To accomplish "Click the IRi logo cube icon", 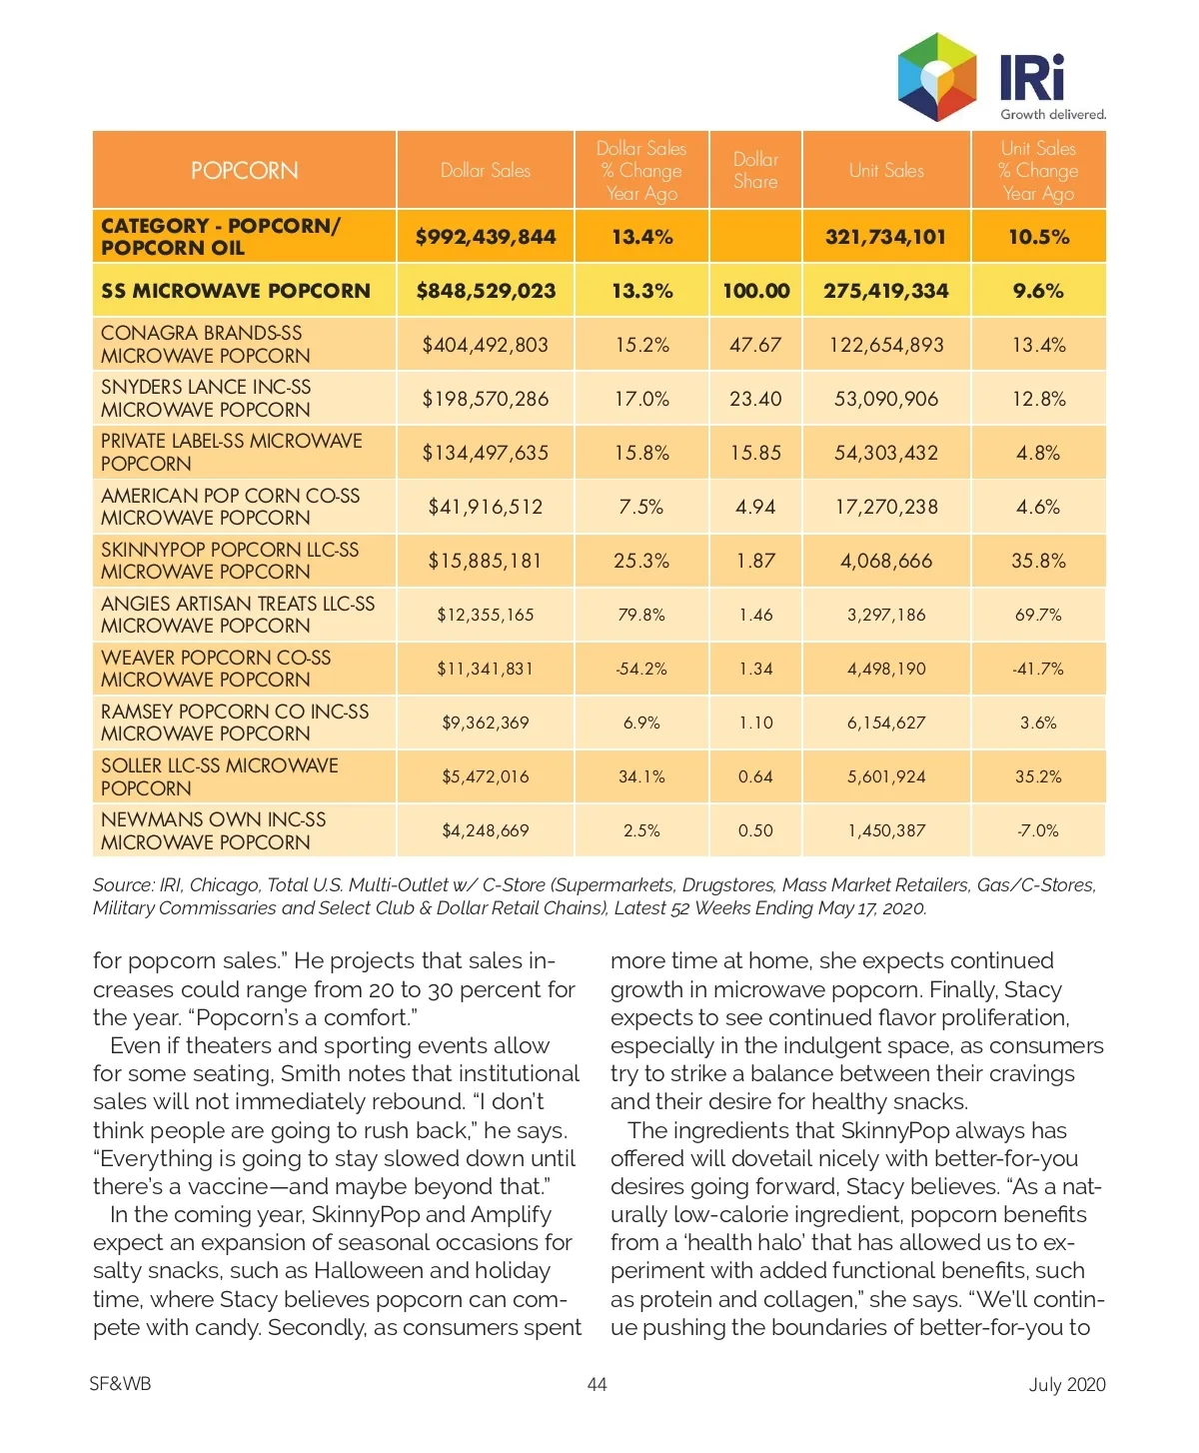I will pyautogui.click(x=937, y=76).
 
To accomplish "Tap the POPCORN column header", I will pyautogui.click(x=245, y=171).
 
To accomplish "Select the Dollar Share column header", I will pyautogui.click(x=755, y=171).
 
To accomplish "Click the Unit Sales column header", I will pyautogui.click(x=886, y=171).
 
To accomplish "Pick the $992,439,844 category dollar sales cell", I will pyautogui.click(x=486, y=237).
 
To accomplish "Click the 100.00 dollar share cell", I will pyautogui.click(x=756, y=291).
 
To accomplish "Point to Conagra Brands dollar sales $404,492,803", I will pyautogui.click(x=486, y=345).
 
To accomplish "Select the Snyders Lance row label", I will pyautogui.click(x=206, y=398).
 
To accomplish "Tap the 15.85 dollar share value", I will pyautogui.click(x=755, y=453).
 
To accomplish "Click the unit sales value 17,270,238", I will pyautogui.click(x=886, y=507).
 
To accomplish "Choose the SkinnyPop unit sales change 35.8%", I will pyautogui.click(x=1038, y=561).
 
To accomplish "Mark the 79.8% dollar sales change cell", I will pyautogui.click(x=641, y=615).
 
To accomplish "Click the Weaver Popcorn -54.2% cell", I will pyautogui.click(x=641, y=669).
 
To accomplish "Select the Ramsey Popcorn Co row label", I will pyautogui.click(x=235, y=723).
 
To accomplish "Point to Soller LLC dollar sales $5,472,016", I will pyautogui.click(x=486, y=776).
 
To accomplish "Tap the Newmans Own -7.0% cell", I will pyautogui.click(x=1038, y=830).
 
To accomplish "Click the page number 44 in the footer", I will pyautogui.click(x=597, y=1384).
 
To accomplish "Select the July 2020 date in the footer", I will pyautogui.click(x=1067, y=1384).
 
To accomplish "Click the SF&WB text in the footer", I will pyautogui.click(x=120, y=1384).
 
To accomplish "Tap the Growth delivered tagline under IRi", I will pyautogui.click(x=1053, y=114).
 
